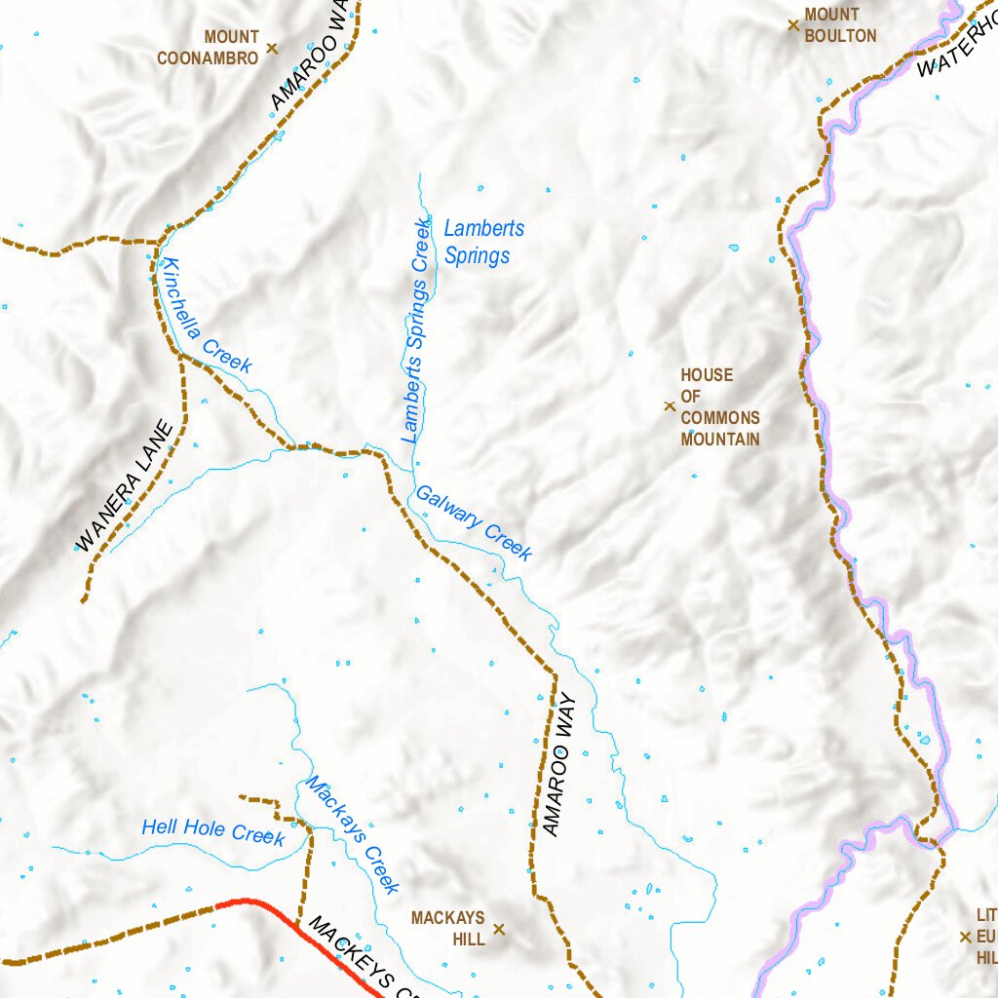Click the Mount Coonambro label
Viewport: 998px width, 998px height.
tap(208, 48)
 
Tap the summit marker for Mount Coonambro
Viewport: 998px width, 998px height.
tap(272, 48)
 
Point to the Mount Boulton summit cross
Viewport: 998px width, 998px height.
tap(793, 24)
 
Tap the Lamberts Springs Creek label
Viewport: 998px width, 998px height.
tap(415, 331)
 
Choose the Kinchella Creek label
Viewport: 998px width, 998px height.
tap(208, 316)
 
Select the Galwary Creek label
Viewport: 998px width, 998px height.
tap(474, 523)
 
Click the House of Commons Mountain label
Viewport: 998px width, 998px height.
tap(719, 407)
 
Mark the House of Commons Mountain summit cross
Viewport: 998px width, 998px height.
tap(670, 406)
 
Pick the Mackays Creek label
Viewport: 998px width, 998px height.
tap(352, 834)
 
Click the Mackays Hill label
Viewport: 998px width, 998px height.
tap(447, 929)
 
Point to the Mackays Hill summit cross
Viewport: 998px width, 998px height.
tap(499, 930)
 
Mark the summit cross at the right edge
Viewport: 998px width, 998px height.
tap(965, 937)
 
